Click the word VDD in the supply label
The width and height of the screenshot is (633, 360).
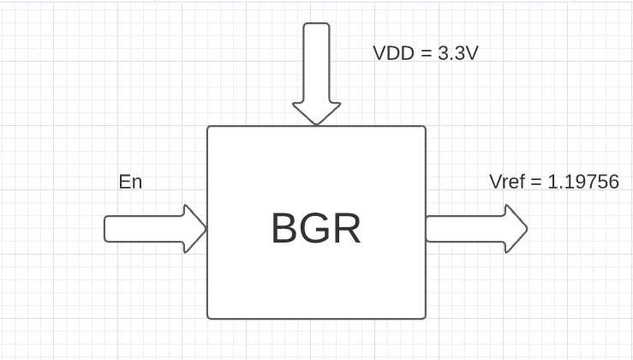392,53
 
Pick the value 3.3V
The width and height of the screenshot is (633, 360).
457,53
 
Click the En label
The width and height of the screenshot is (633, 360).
130,182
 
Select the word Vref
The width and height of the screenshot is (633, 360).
506,182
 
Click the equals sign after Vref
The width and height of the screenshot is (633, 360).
535,182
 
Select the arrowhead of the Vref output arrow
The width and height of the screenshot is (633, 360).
515,229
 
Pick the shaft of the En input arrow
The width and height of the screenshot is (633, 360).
144,229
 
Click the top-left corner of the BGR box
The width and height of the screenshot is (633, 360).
208,127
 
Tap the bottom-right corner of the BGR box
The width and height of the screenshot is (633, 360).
425,318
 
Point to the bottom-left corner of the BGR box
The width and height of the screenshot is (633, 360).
208,318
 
